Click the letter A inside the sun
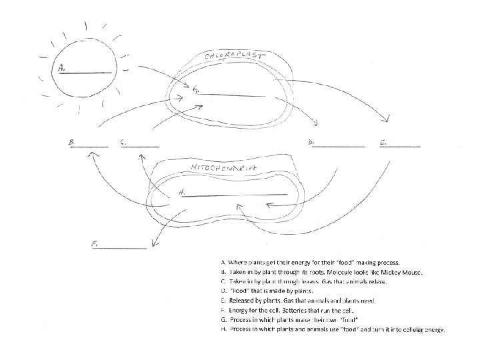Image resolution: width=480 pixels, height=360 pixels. point(61,67)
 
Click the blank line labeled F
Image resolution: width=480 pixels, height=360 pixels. point(123,248)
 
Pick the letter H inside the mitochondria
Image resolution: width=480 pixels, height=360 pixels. point(181,193)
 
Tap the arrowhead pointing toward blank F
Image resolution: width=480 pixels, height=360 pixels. point(154,241)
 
